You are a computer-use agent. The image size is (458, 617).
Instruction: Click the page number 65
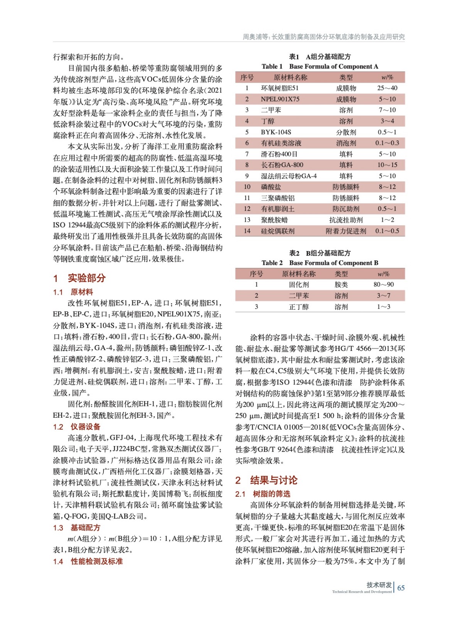tap(401, 588)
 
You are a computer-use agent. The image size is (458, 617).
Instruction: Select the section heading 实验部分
tap(86, 278)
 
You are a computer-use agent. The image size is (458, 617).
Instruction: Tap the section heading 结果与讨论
tap(274, 480)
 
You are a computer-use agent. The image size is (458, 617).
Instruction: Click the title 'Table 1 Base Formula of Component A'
tap(320, 66)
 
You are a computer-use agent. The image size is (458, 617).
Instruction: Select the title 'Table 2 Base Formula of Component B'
tap(320, 263)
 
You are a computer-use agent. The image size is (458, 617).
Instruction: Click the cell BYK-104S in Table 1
tap(276, 132)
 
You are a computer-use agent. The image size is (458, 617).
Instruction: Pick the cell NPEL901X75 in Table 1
tap(280, 99)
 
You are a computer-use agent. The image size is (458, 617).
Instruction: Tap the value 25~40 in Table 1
tap(387, 88)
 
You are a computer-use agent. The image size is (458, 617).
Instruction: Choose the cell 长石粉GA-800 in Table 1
tap(282, 165)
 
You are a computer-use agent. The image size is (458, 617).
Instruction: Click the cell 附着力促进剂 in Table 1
tap(346, 231)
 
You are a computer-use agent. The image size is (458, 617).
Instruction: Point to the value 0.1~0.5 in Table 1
tap(387, 231)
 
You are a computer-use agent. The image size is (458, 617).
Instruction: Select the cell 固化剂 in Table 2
tap(299, 285)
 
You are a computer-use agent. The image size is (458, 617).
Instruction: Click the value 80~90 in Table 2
tap(384, 285)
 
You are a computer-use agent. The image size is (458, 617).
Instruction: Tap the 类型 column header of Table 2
tap(341, 274)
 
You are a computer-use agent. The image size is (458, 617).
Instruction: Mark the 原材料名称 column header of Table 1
tap(290, 77)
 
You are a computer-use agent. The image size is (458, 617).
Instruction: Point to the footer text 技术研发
tap(379, 585)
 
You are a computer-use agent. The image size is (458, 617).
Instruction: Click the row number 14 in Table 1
tap(247, 231)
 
